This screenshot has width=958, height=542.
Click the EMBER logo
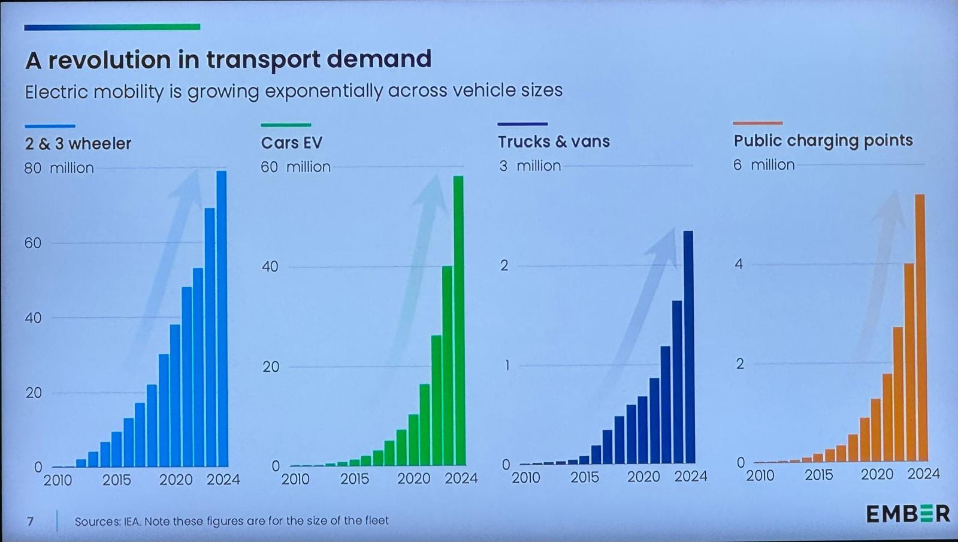coord(908,513)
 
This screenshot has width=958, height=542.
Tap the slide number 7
coord(31,521)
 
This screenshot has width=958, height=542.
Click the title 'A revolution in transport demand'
coord(228,59)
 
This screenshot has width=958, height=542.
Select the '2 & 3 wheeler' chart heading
coord(78,144)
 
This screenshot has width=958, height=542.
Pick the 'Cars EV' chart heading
coord(291,143)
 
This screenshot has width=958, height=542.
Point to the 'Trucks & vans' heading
coord(554,141)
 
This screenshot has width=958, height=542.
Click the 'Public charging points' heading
coord(823,140)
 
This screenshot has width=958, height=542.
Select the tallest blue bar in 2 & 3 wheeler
coord(222,318)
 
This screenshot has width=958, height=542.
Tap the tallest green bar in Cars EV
coord(458,321)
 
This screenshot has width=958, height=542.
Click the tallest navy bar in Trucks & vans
coord(688,347)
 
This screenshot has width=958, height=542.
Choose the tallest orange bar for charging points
coord(920,327)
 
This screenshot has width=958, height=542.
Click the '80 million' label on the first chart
coord(59,168)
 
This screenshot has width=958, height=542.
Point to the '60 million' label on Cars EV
coord(295,167)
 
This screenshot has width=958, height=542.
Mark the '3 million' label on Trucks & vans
coord(530,165)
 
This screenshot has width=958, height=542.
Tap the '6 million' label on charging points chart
coord(764,164)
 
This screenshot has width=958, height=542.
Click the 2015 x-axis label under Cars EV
coord(354,479)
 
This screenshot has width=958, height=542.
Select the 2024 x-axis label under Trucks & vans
coord(691,477)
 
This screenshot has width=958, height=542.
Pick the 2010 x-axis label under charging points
coord(760,475)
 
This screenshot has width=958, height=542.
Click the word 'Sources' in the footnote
coord(96,521)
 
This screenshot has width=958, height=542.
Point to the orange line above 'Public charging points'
coord(757,123)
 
